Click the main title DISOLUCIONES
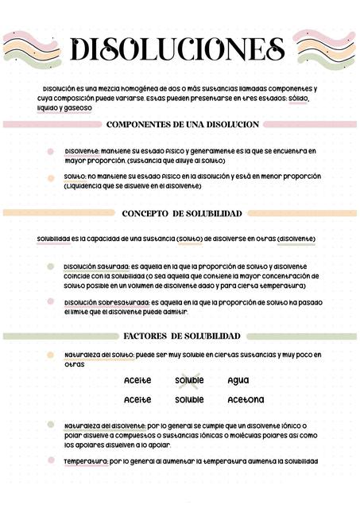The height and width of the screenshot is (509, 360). pyautogui.click(x=177, y=49)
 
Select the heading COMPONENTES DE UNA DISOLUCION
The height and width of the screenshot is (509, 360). pyautogui.click(x=183, y=124)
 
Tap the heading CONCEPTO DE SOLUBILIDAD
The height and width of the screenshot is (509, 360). pyautogui.click(x=182, y=214)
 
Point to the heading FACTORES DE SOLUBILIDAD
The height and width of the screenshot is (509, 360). pyautogui.click(x=182, y=336)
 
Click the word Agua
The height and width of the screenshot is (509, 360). pyautogui.click(x=238, y=380)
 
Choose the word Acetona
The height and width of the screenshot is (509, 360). pyautogui.click(x=246, y=399)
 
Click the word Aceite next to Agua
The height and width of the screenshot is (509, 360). pyautogui.click(x=137, y=380)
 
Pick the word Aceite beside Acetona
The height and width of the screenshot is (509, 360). pyautogui.click(x=137, y=399)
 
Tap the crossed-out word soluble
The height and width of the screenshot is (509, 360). pyautogui.click(x=189, y=380)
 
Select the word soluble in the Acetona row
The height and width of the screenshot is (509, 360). pyautogui.click(x=189, y=399)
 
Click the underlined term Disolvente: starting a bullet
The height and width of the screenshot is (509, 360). pyautogui.click(x=82, y=150)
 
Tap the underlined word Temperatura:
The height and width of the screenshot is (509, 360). pyautogui.click(x=86, y=461)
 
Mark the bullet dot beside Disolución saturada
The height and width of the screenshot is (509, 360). pyautogui.click(x=51, y=266)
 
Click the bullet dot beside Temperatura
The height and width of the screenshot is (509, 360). pyautogui.click(x=51, y=460)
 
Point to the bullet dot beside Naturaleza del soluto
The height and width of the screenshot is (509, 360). pyautogui.click(x=51, y=355)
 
